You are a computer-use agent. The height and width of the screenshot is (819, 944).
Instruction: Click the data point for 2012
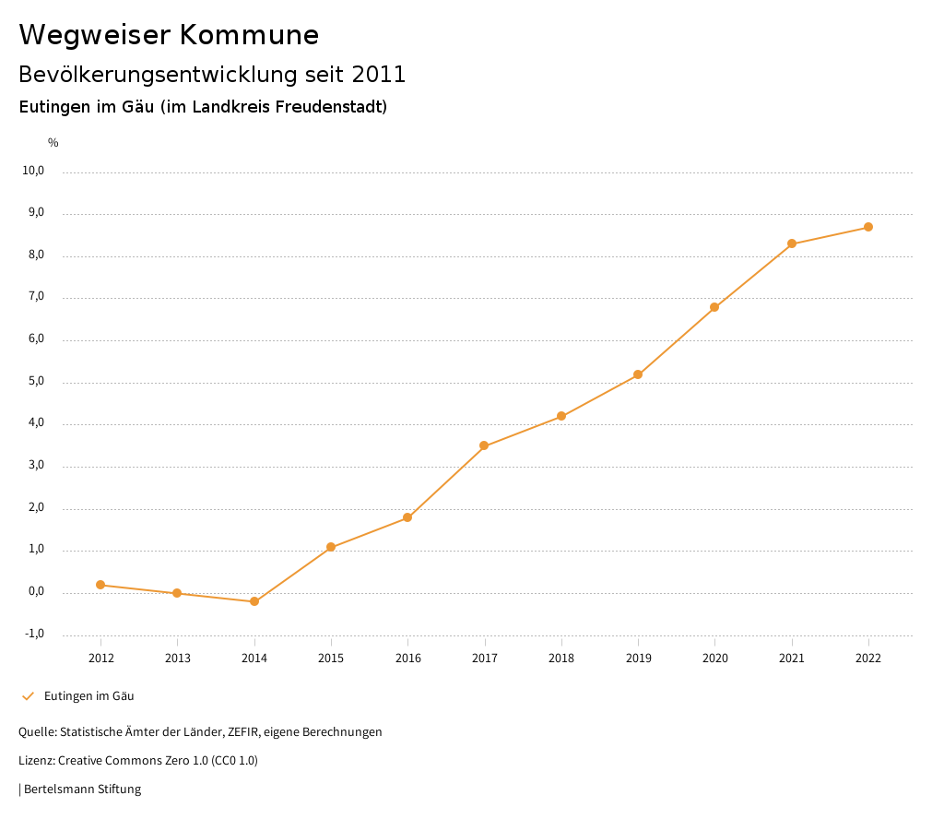[x=100, y=585]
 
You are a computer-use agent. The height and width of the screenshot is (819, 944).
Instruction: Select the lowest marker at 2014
[x=254, y=601]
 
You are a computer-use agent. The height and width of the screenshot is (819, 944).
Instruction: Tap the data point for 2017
[x=484, y=446]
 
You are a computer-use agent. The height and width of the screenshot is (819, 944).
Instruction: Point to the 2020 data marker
[x=714, y=307]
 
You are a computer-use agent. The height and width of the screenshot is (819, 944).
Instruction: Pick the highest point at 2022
[x=868, y=227]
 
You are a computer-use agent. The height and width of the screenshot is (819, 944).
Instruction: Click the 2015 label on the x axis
[x=331, y=658]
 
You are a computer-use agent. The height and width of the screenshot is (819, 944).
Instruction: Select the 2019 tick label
[x=638, y=658]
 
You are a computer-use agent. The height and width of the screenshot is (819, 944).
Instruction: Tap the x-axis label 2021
[x=791, y=658]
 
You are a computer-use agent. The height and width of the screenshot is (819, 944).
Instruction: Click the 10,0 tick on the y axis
[x=33, y=171]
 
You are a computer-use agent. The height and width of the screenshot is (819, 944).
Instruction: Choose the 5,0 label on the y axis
[x=35, y=381]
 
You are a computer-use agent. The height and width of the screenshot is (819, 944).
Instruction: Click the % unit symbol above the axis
[x=53, y=143]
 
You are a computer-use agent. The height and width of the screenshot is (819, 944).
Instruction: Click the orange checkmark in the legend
[x=28, y=696]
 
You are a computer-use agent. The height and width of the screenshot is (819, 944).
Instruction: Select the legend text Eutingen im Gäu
[x=89, y=696]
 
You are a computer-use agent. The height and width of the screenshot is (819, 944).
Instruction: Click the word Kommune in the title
[x=249, y=35]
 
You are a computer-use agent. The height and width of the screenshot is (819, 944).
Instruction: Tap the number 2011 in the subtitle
[x=379, y=75]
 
